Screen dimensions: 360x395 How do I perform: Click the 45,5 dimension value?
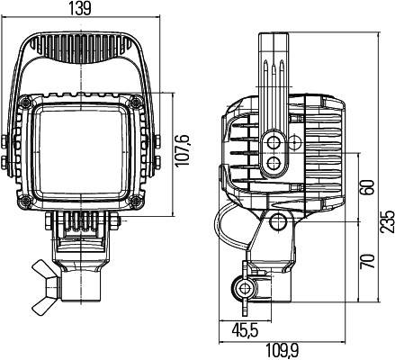click(239, 331)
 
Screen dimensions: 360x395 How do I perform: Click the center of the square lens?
click(85, 153)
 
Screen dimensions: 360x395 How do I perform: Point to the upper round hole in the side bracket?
click(275, 140)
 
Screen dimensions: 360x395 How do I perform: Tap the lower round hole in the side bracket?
click(275, 162)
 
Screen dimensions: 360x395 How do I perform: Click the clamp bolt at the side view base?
click(242, 288)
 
